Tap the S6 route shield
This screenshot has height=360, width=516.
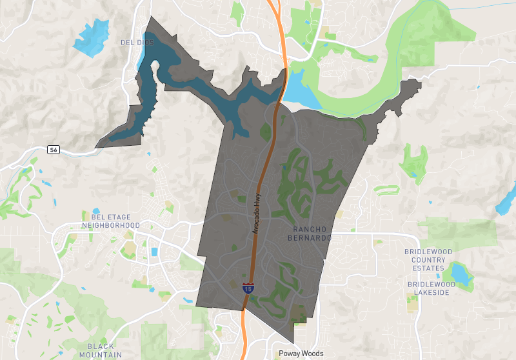tap(54, 150)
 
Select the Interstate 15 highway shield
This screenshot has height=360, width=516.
tap(248, 288)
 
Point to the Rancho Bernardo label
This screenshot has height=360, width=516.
tap(312, 234)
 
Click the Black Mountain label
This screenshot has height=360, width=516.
tap(101, 350)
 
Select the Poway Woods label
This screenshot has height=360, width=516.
tap(301, 354)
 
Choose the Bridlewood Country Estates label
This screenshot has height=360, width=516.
tap(429, 259)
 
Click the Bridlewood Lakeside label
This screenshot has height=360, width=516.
tap(432, 288)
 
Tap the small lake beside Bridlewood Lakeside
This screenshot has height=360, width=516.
tap(462, 273)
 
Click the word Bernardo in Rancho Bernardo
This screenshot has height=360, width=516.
tap(312, 238)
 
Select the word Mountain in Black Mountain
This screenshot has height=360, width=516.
tap(101, 355)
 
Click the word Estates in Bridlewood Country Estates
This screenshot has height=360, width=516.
tap(429, 268)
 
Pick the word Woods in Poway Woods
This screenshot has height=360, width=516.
tap(312, 354)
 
